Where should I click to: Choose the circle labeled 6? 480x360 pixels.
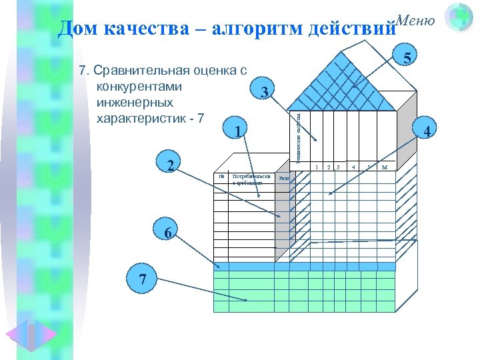pyautogui.click(x=169, y=233)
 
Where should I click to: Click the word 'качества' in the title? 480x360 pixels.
pyautogui.click(x=145, y=29)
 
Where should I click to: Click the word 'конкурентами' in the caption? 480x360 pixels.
pyautogui.click(x=140, y=87)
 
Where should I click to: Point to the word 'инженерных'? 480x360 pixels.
pyautogui.click(x=135, y=103)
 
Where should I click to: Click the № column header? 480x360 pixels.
pyautogui.click(x=221, y=177)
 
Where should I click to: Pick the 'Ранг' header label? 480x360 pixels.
pyautogui.click(x=283, y=178)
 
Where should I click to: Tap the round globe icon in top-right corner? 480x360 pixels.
pyautogui.click(x=459, y=18)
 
